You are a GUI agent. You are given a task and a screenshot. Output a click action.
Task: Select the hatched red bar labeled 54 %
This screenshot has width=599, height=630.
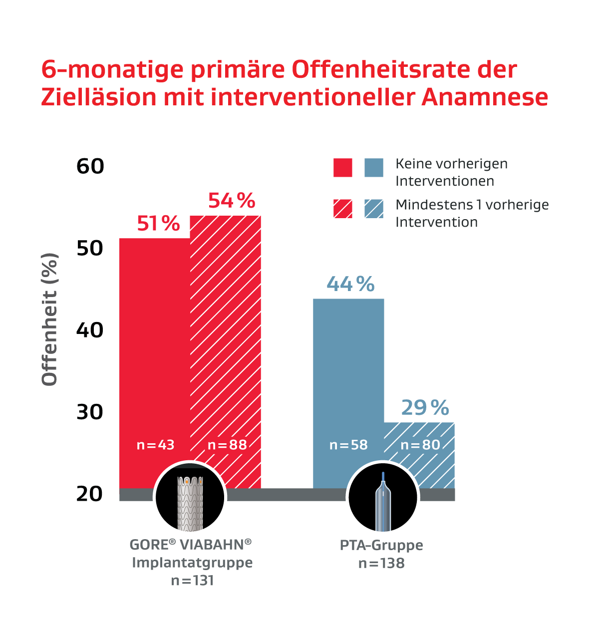tap(226, 339)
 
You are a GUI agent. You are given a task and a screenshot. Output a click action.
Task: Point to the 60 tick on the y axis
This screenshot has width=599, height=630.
tap(90, 166)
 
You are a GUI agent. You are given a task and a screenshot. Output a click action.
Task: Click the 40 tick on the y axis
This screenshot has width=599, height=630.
tap(90, 330)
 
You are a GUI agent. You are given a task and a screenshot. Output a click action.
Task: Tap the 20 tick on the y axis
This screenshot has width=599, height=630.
tap(90, 494)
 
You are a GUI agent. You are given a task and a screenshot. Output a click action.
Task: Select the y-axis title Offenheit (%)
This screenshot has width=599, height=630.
tap(50, 319)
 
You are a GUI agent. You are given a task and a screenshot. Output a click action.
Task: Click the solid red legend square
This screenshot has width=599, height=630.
tap(343, 168)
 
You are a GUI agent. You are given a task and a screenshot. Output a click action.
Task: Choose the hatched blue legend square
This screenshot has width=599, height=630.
tap(374, 209)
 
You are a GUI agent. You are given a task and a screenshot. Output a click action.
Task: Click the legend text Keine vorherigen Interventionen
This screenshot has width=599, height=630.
tap(451, 172)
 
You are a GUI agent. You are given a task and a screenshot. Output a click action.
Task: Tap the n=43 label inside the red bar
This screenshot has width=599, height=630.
tap(156, 445)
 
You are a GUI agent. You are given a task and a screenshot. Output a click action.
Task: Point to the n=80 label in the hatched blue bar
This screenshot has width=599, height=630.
tap(420, 445)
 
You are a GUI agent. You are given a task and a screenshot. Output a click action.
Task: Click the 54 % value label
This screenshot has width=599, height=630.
tap(232, 201)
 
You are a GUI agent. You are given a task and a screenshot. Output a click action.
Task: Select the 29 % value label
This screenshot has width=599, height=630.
tap(425, 408)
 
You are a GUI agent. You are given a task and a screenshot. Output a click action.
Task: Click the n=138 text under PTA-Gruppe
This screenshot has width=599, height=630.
tap(381, 564)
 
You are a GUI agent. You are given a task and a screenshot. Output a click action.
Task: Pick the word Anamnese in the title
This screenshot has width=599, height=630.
tap(485, 97)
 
